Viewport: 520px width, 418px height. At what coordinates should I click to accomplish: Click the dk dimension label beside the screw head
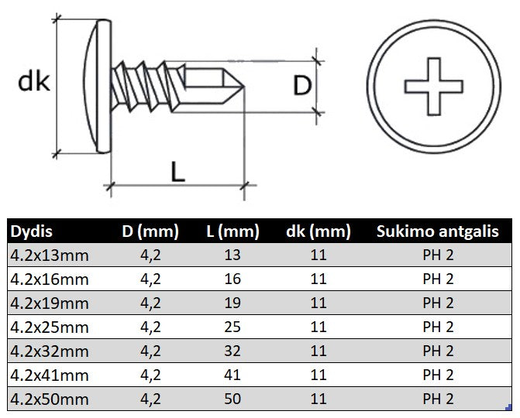[34, 82]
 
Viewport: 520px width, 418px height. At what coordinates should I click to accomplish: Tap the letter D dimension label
[302, 86]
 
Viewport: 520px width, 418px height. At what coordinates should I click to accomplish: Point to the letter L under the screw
[177, 172]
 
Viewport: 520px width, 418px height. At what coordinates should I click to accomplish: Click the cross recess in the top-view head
[433, 87]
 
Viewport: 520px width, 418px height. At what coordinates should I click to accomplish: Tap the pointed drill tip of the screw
[244, 87]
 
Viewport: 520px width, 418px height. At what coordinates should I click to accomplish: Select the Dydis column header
[32, 231]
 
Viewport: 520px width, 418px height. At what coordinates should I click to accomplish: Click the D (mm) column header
[150, 231]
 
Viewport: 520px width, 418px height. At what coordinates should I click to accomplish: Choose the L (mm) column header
[232, 231]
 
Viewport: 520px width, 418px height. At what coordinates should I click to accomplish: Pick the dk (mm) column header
[319, 231]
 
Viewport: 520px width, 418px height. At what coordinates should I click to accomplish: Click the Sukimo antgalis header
[438, 231]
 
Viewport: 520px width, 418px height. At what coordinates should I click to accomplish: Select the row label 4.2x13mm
[50, 255]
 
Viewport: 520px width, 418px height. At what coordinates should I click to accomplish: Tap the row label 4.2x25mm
[50, 327]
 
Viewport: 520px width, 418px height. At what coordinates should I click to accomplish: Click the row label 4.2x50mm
[50, 399]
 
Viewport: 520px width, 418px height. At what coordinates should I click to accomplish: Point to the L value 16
[232, 279]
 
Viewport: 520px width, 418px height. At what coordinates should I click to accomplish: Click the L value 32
[232, 351]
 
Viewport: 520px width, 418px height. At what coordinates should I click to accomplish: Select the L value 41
[232, 375]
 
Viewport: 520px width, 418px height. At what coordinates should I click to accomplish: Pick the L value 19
[232, 303]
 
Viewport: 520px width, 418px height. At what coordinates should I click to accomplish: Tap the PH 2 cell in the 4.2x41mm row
[438, 375]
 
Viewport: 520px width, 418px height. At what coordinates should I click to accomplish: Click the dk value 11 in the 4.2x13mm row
[319, 255]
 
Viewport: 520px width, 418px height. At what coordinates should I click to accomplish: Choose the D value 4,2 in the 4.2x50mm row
[150, 399]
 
